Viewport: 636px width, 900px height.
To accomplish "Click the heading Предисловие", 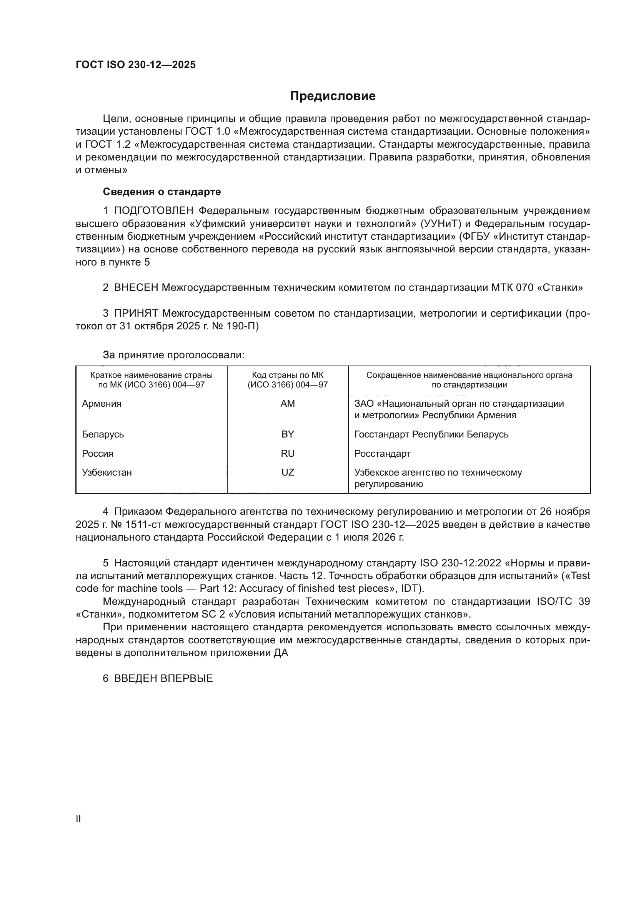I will (333, 96).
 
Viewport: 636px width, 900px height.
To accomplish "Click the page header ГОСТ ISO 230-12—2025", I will (135, 65).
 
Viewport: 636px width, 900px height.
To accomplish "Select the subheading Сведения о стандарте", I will (162, 192).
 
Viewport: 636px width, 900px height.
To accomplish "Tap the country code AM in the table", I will (288, 403).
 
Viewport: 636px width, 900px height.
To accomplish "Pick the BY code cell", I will (288, 434).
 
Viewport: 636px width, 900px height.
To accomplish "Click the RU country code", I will (288, 453).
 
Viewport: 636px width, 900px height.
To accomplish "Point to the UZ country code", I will (288, 472).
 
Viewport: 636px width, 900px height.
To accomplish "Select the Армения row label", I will (102, 403).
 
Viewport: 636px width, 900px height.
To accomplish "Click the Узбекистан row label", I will (107, 472).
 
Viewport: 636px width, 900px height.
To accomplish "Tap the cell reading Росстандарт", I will (382, 453).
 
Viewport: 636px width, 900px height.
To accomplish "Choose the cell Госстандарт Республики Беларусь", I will (431, 434).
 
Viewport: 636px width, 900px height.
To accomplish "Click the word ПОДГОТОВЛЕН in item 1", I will (153, 210).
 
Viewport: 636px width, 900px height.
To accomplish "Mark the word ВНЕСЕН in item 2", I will (136, 287).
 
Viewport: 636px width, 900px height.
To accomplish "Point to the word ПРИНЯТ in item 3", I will (136, 313).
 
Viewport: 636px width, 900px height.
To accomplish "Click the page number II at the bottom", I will (78, 818).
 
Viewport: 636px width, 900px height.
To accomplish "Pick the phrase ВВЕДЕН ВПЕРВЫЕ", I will (163, 678).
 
